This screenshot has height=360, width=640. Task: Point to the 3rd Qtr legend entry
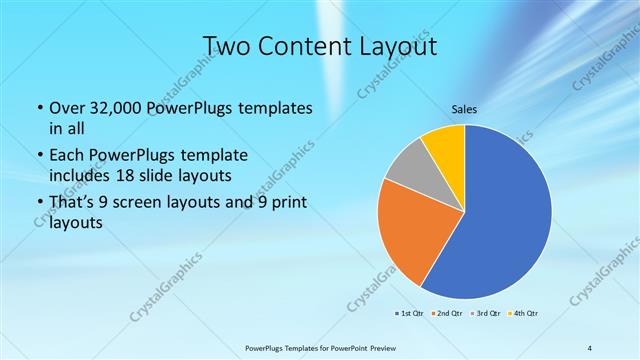click(487, 313)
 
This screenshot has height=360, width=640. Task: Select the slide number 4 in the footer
click(590, 348)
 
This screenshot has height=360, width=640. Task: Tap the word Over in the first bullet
click(66, 106)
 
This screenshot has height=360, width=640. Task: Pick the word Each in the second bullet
click(65, 155)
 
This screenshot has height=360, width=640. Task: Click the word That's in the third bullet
click(71, 204)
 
